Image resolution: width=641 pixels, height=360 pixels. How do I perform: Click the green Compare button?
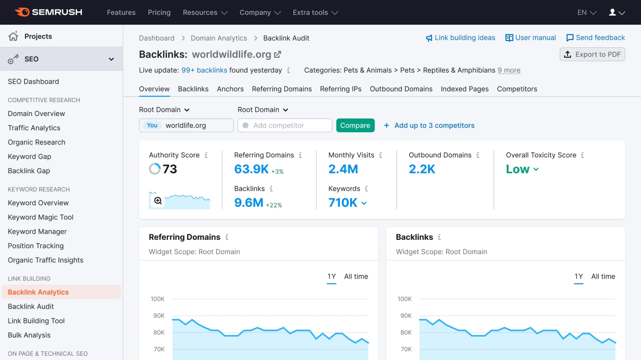click(355, 126)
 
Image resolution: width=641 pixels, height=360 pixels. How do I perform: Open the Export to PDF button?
click(592, 54)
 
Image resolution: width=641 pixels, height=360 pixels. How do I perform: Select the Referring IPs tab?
click(340, 89)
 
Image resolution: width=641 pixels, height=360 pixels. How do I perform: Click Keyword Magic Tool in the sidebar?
click(41, 217)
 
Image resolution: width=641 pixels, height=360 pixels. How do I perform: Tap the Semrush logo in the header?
click(49, 12)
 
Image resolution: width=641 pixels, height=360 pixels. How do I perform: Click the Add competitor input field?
click(285, 126)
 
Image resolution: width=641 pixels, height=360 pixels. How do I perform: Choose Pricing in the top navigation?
click(159, 12)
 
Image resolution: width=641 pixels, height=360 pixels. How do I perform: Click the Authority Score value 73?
click(170, 169)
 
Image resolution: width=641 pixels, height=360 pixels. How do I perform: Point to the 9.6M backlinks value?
click(248, 202)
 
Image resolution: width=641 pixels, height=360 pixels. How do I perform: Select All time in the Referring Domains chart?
click(356, 277)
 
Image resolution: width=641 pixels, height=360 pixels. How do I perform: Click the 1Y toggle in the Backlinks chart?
click(578, 277)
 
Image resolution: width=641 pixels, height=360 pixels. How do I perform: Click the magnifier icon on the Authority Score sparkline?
click(158, 200)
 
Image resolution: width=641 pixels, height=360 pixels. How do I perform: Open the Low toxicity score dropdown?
click(522, 169)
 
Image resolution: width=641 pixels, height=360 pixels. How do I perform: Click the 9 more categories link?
click(509, 70)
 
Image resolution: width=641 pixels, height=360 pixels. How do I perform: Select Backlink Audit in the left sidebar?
click(31, 306)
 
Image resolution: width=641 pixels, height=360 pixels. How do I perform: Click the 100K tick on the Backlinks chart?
click(404, 299)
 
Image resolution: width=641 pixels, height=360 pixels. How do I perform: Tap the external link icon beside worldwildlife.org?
click(278, 54)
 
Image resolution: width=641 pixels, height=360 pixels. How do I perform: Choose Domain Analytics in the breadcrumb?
click(219, 38)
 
